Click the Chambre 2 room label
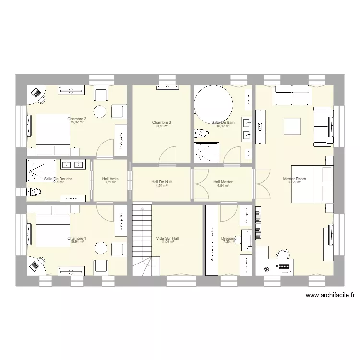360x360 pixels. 77,119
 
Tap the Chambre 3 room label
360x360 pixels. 161,122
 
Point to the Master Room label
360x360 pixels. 294,179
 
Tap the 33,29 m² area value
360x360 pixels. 294,182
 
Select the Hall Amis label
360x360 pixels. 110,179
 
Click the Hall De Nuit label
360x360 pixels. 161,182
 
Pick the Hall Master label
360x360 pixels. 223,182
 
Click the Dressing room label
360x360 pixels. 228,238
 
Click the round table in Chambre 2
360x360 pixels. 99,111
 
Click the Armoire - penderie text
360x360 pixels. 212,241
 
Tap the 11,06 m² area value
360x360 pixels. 167,242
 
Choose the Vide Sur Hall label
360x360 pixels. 167,238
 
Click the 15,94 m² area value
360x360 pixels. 77,242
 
